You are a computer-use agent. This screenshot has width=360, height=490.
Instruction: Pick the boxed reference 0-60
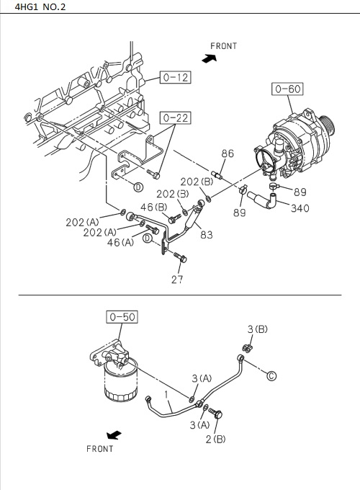287,89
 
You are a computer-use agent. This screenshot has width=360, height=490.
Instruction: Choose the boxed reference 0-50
122,316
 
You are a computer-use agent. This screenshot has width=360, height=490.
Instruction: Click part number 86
228,153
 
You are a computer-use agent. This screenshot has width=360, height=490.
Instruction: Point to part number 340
300,208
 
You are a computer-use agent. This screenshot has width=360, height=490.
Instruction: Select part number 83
206,234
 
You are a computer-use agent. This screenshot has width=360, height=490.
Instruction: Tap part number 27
177,280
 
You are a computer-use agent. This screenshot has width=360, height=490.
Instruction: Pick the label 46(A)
120,243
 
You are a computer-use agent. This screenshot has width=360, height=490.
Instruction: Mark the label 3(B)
258,329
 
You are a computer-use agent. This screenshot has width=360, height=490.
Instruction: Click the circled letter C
271,375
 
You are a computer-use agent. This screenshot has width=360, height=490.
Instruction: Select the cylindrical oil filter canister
119,383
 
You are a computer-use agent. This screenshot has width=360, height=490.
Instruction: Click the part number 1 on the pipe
165,395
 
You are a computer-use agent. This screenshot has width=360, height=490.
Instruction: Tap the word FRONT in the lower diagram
100,449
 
